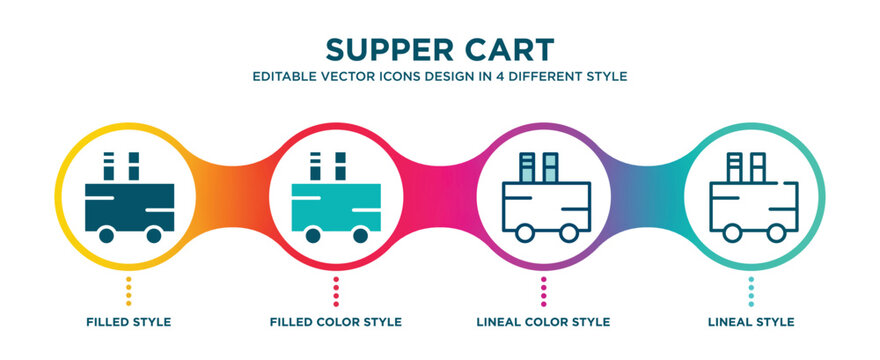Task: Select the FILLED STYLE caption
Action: (128, 322)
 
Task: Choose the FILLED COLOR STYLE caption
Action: (336, 322)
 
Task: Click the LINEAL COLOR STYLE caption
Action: (543, 322)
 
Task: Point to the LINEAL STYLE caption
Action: (751, 322)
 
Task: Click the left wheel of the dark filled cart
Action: (105, 236)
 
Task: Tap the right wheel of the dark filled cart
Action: (153, 236)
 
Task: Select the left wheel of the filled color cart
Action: (312, 236)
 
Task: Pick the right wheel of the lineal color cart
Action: (568, 233)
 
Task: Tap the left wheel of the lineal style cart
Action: (730, 233)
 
